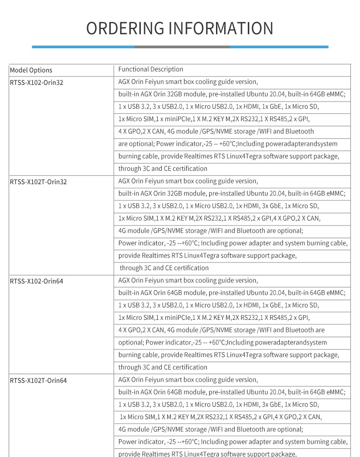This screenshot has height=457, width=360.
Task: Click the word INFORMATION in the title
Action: (221, 28)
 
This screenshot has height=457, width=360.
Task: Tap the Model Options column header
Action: (31, 70)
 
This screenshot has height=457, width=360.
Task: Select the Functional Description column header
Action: (150, 69)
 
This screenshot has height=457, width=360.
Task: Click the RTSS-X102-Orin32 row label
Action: (36, 82)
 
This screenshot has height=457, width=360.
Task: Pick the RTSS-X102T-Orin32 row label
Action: (38, 182)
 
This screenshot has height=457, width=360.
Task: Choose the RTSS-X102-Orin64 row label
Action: (36, 281)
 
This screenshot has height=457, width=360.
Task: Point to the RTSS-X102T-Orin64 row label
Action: (38, 380)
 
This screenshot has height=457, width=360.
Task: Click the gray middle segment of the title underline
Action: (182, 46)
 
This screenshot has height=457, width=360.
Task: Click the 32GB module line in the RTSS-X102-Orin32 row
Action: (231, 94)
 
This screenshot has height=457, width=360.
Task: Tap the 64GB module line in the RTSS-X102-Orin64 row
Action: (231, 293)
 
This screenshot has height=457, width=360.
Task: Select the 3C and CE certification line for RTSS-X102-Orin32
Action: (163, 169)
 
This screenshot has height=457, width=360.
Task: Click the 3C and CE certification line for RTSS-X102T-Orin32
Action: (164, 268)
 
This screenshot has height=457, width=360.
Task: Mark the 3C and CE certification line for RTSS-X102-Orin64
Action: (163, 367)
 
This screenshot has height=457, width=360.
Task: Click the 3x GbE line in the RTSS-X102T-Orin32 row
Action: (219, 206)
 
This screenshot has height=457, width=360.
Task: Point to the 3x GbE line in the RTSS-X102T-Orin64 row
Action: (219, 405)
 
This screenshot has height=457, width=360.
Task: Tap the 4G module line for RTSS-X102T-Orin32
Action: (211, 231)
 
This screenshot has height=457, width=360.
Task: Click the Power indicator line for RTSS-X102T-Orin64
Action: (232, 442)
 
